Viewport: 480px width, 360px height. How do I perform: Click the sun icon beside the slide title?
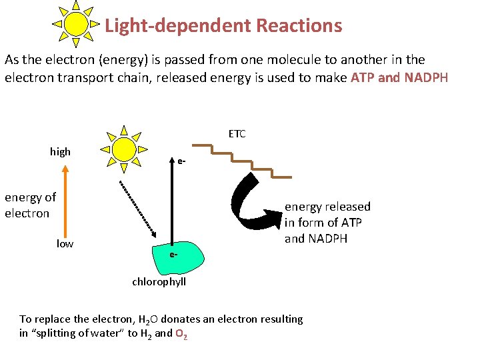pos(76,25)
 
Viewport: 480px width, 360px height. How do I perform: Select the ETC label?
pos(237,134)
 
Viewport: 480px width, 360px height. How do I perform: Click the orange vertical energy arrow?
pos(65,200)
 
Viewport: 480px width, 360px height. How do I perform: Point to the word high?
pos(60,152)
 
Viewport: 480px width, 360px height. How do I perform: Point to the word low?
pos(65,243)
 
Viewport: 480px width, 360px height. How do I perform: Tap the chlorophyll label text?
pos(159,282)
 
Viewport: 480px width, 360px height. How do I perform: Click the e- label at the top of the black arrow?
pos(181,161)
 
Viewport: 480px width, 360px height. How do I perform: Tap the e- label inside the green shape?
pos(173,255)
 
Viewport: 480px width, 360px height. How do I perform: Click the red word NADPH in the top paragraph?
pos(426,77)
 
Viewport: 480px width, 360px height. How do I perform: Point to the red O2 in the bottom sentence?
pos(181,333)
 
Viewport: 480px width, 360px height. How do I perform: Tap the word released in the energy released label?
pos(346,207)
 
